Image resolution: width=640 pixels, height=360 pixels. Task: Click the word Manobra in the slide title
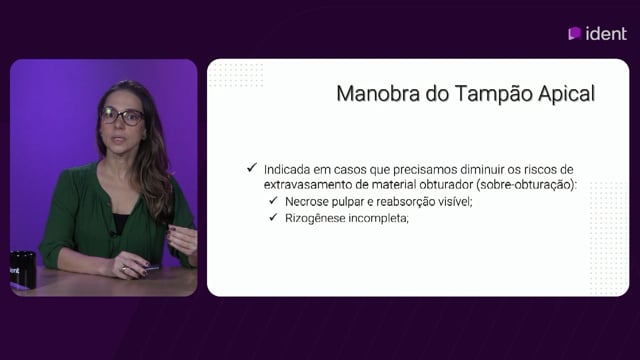pyautogui.click(x=378, y=94)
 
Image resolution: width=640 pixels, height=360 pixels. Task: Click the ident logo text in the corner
pyautogui.click(x=606, y=34)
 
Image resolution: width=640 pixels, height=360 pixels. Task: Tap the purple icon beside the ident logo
pyautogui.click(x=575, y=33)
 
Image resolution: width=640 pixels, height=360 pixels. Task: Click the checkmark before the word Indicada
pyautogui.click(x=252, y=167)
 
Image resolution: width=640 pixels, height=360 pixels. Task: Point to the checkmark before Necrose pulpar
pyautogui.click(x=273, y=200)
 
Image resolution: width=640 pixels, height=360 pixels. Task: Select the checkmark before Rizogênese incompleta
pyautogui.click(x=273, y=217)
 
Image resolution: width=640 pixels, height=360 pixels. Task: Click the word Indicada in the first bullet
pyautogui.click(x=287, y=169)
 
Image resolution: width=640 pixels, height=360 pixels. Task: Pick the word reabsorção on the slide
pyautogui.click(x=400, y=202)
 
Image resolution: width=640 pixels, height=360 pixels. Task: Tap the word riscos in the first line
pyautogui.click(x=540, y=169)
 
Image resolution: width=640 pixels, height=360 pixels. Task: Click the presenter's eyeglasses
pyautogui.click(x=122, y=116)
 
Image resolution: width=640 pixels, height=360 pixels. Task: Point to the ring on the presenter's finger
pyautogui.click(x=124, y=269)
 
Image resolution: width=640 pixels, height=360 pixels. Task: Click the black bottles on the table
pyautogui.click(x=23, y=270)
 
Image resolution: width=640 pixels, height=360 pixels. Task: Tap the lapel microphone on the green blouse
pyautogui.click(x=113, y=234)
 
